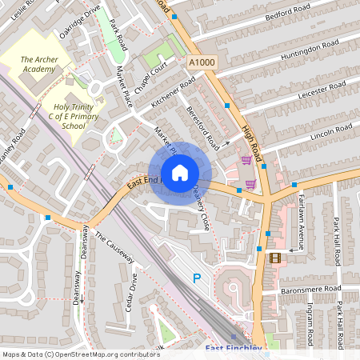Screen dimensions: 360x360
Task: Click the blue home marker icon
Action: (x=180, y=172)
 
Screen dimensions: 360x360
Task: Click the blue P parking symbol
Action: (x=197, y=278)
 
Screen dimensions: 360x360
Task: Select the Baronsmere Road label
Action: (x=312, y=288)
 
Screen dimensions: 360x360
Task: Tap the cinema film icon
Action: (x=275, y=258)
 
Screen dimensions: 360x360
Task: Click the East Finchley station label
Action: (x=234, y=349)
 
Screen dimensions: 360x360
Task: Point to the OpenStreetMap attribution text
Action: (x=81, y=354)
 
